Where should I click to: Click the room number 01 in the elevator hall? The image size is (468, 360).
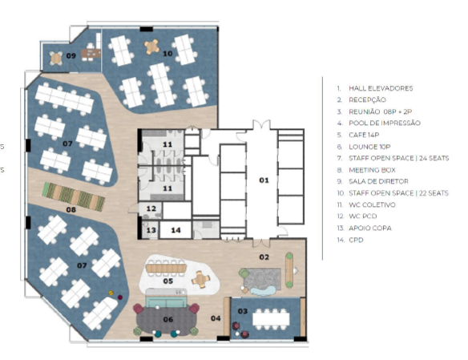click(264, 180)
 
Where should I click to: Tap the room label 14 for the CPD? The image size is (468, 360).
click(175, 230)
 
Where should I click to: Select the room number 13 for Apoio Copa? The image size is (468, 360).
click(151, 230)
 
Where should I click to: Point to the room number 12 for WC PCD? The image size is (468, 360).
click(151, 208)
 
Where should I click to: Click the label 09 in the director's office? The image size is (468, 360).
click(71, 55)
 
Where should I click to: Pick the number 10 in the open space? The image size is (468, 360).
click(167, 54)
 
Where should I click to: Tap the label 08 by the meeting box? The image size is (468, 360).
click(71, 209)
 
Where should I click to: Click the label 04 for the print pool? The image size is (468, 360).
click(216, 318)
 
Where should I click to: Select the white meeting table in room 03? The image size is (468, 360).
click(271, 319)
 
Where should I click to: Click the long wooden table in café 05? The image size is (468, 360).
click(166, 268)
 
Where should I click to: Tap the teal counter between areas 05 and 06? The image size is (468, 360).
click(166, 298)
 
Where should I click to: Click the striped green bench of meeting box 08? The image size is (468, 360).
click(74, 196)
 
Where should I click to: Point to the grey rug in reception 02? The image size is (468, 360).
click(262, 279)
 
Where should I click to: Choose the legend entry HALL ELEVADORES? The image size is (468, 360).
click(381, 88)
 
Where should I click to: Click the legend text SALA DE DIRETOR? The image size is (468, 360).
click(378, 181)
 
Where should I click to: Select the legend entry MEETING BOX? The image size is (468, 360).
click(372, 170)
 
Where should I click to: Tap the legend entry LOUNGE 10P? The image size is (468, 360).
click(369, 147)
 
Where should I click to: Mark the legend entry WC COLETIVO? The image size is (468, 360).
click(372, 204)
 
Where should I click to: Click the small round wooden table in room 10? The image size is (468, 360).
click(151, 47)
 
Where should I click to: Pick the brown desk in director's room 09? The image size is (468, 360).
click(91, 54)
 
